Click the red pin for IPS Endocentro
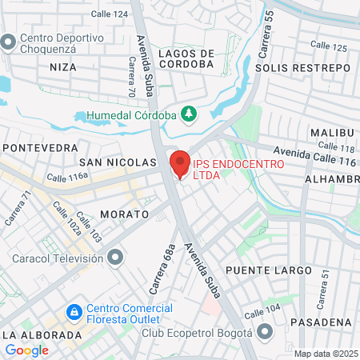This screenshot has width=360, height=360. point(180,164)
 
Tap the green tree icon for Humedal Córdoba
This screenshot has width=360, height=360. point(189,114)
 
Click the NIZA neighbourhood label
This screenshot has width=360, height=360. point(63,67)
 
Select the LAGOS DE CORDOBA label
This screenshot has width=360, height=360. point(186,64)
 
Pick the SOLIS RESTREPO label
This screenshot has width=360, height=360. point(302,68)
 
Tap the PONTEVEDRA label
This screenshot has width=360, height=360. point(41,148)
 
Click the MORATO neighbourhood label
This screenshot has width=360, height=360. point(125,214)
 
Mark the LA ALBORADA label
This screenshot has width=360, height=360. point(42,334)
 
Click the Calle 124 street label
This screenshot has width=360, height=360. point(109,14)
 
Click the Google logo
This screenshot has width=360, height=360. point(26,350)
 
